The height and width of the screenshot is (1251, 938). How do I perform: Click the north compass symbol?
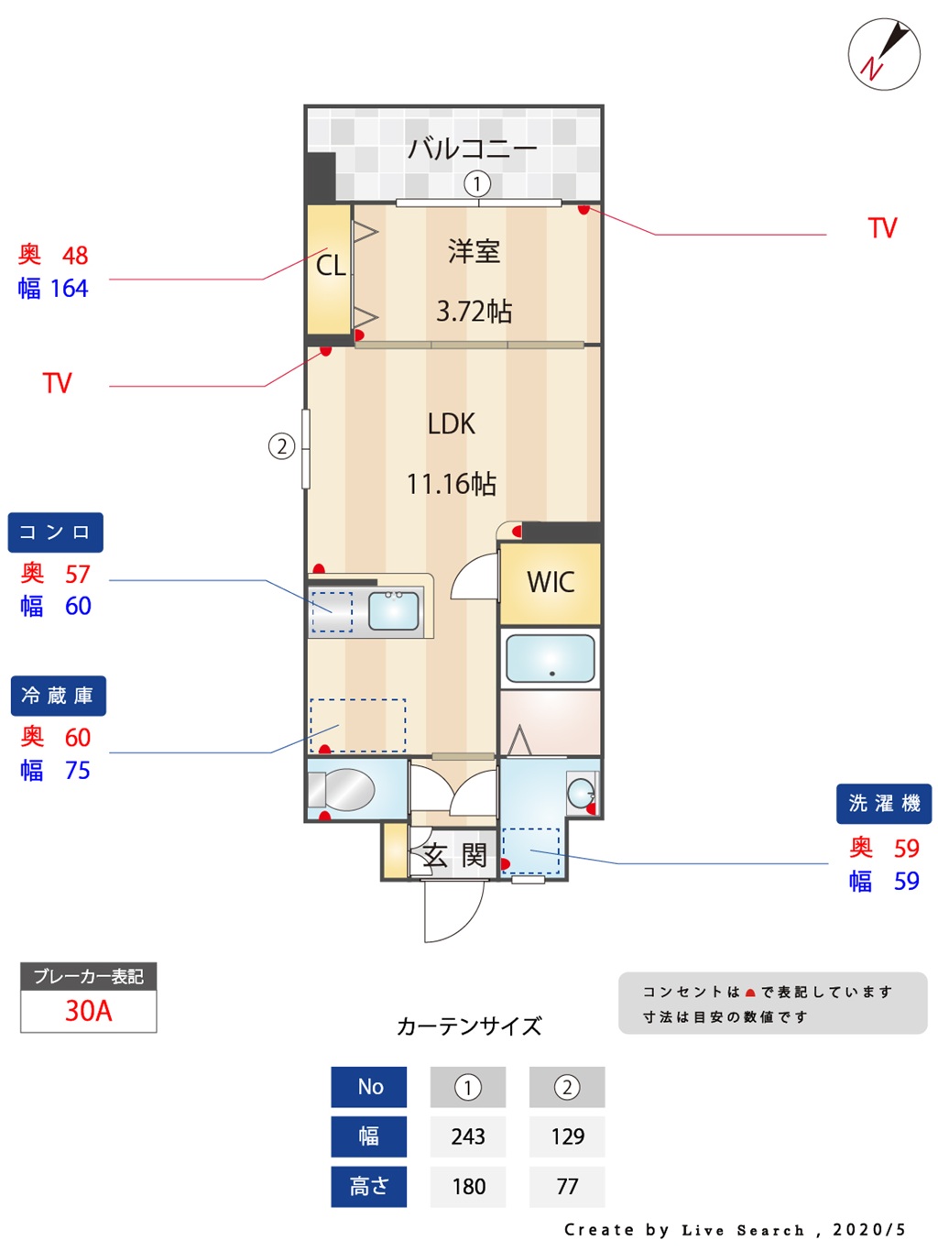point(883,53)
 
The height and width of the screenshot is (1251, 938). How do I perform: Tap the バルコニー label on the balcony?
point(473,148)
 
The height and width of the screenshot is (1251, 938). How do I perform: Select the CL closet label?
point(331,266)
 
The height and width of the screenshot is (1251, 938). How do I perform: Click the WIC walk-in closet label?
point(551,582)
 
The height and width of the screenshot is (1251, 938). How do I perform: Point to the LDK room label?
point(451,424)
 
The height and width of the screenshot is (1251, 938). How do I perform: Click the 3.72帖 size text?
point(474,312)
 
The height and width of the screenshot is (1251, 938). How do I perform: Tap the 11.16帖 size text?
point(451,484)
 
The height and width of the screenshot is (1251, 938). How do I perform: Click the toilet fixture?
point(341,790)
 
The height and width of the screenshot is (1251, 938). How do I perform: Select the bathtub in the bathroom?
point(550,658)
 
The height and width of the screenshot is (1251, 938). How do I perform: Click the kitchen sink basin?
point(394,610)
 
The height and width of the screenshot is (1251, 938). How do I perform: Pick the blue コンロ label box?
point(55,532)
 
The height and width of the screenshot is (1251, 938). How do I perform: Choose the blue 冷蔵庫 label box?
point(58,696)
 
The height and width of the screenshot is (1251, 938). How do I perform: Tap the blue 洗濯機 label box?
point(883,804)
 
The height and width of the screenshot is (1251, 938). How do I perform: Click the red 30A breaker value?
point(88,1011)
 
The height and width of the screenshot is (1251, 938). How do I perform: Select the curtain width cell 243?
point(467,1136)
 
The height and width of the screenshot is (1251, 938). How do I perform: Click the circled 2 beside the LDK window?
point(281,446)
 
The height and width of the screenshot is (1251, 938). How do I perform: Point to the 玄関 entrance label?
point(454,855)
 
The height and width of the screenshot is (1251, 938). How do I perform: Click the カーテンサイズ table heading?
point(469,1026)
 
